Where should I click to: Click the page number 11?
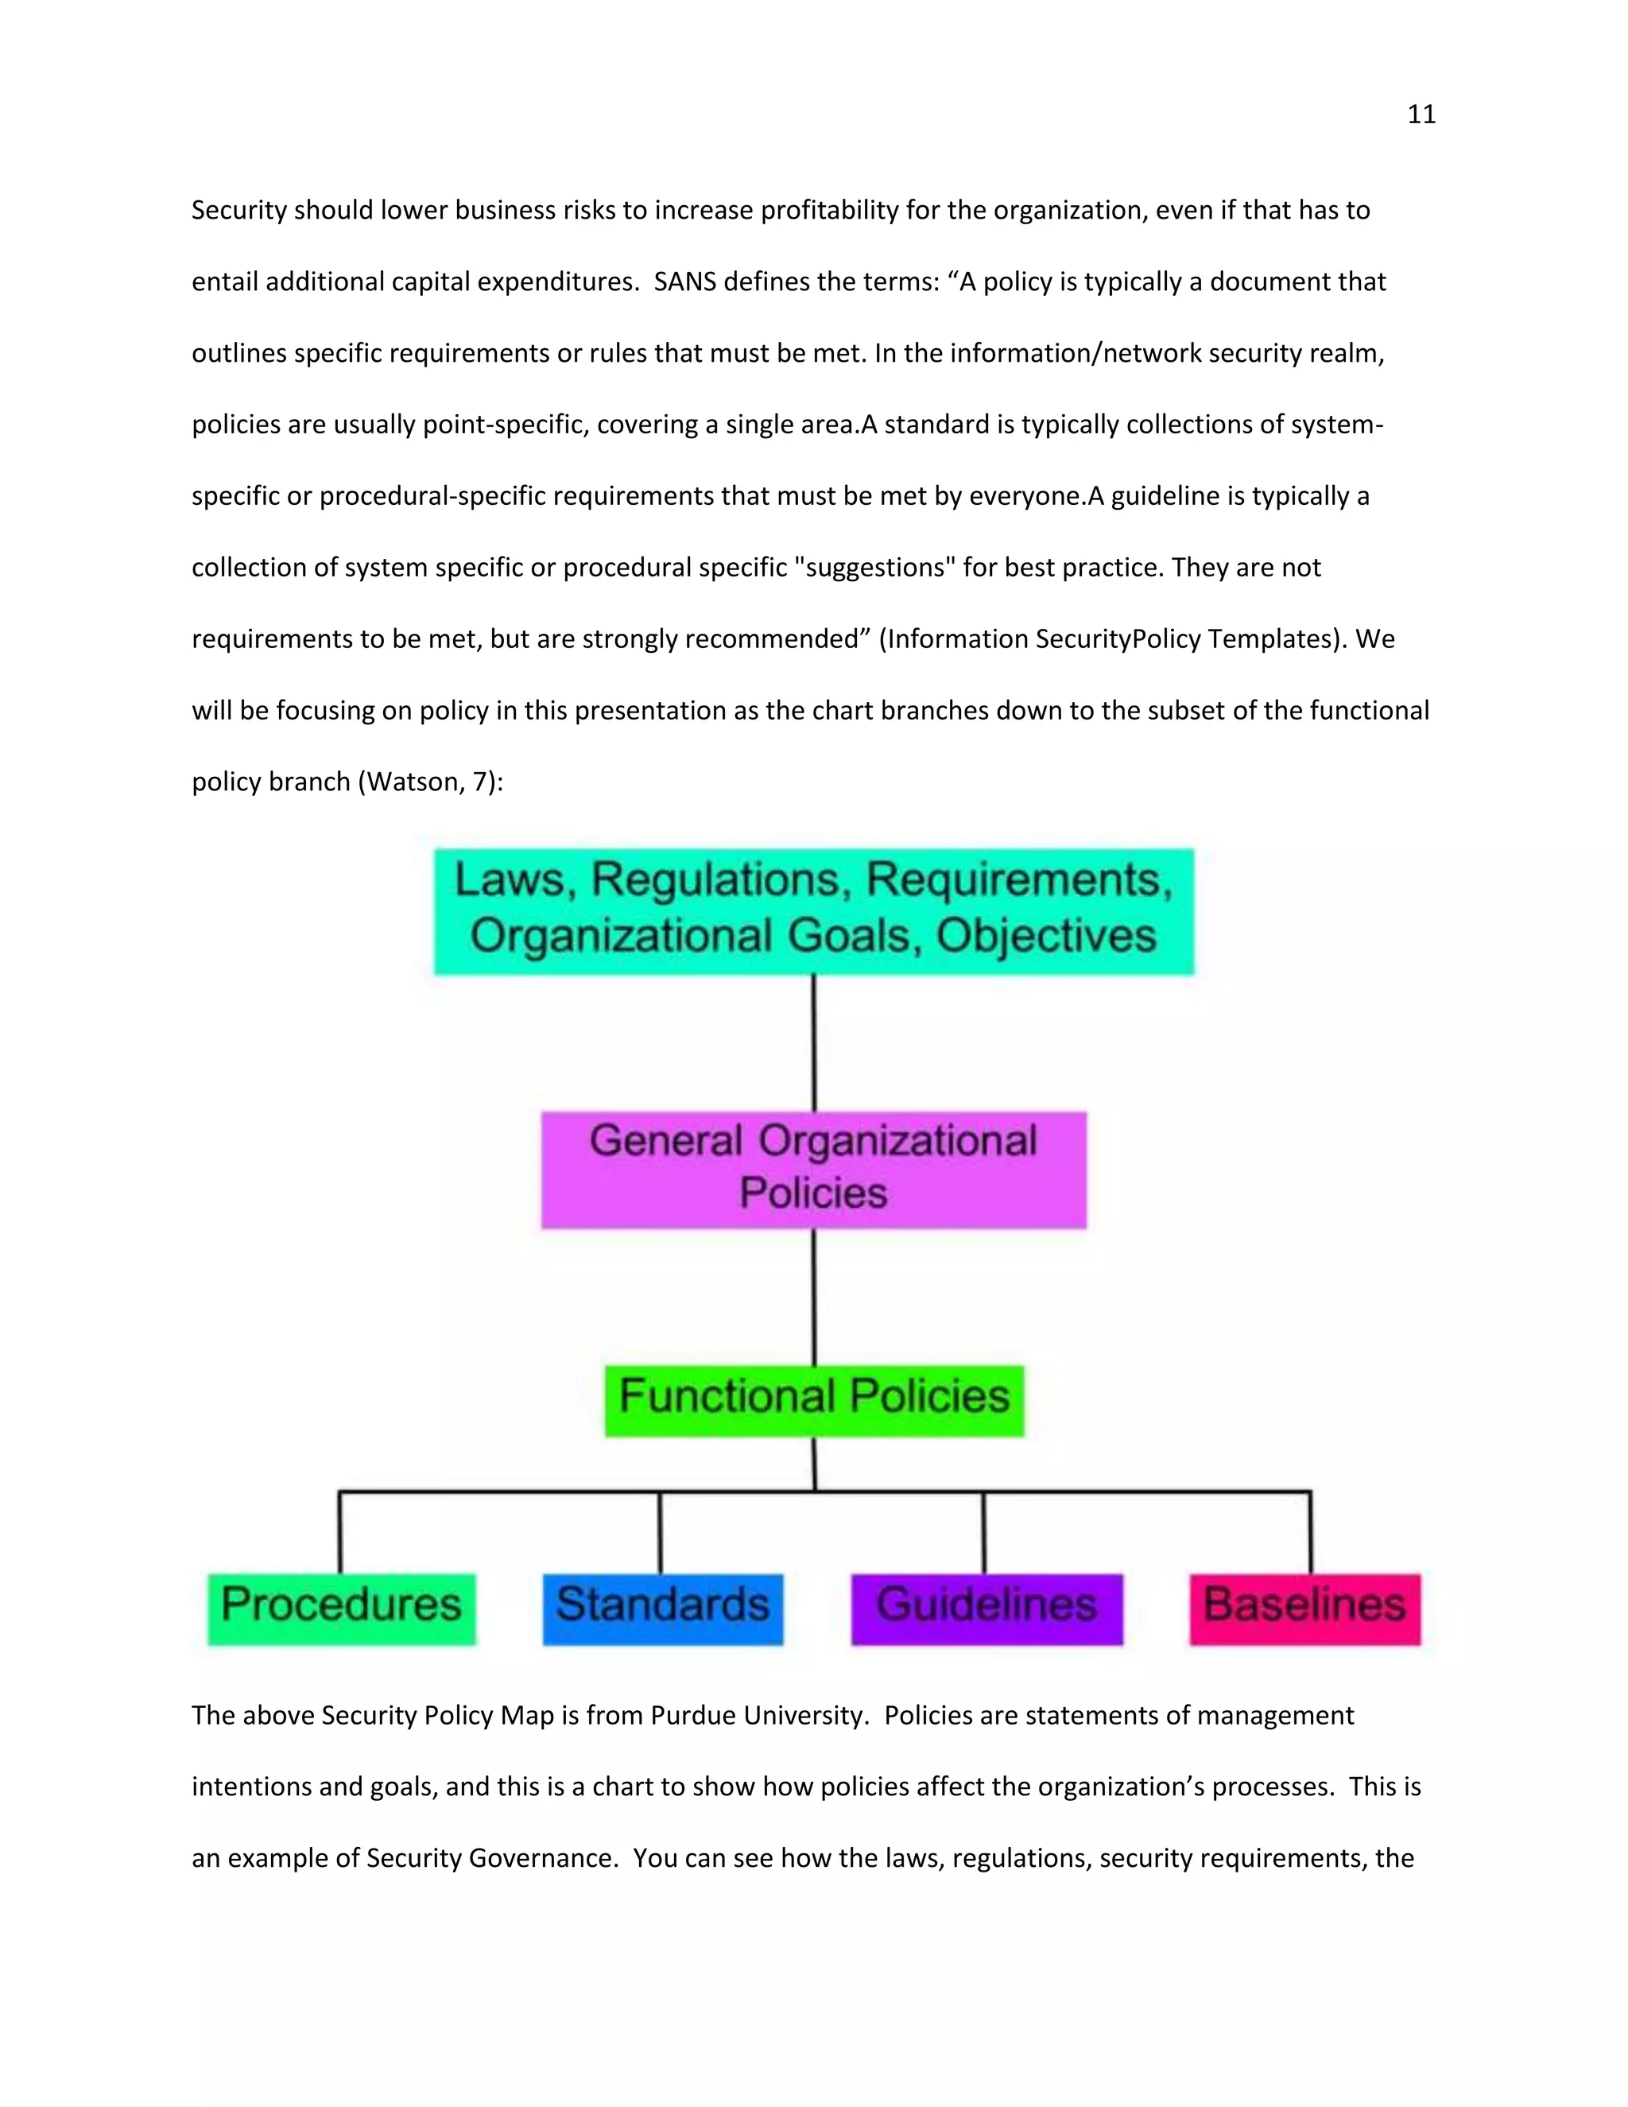pos(1421,114)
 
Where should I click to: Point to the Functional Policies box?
pos(814,1400)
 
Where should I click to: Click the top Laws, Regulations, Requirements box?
pos(813,910)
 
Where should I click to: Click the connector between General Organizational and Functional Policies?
pos(813,1297)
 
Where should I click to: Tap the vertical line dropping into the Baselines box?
pos(1310,1532)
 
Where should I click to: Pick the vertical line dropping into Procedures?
pos(339,1532)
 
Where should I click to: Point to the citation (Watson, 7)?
pos(430,782)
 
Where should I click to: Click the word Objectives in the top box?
pos(1045,936)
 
